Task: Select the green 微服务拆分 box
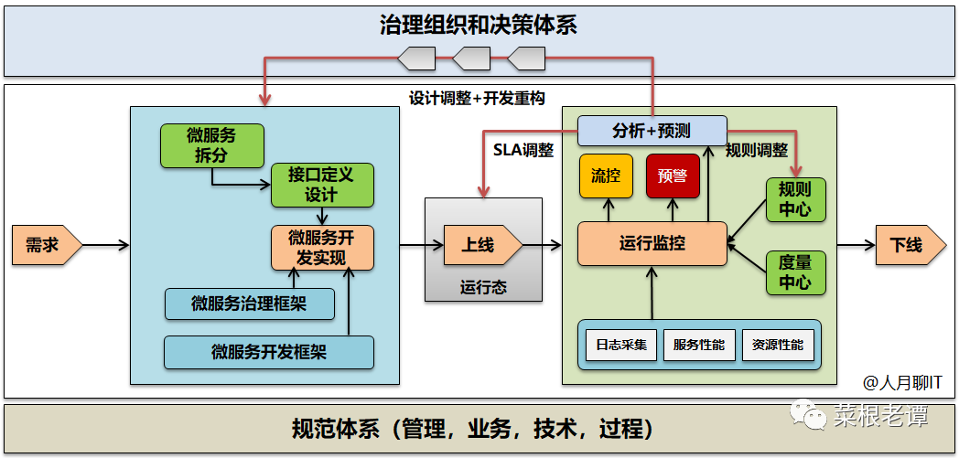tap(211, 145)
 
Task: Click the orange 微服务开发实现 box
tap(322, 247)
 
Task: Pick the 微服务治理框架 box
tap(249, 304)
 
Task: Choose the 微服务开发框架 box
tap(269, 352)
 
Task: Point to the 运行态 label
tap(483, 287)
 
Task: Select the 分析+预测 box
tap(652, 131)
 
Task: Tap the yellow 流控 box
tap(606, 176)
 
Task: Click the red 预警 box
tap(673, 176)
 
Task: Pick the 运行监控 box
tap(652, 243)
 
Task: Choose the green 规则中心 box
tap(794, 199)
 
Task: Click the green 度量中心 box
tap(794, 272)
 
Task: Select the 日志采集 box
tap(621, 345)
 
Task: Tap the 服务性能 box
tap(698, 345)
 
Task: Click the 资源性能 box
tap(777, 345)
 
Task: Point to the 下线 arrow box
tap(906, 245)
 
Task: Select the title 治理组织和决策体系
tap(479, 25)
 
